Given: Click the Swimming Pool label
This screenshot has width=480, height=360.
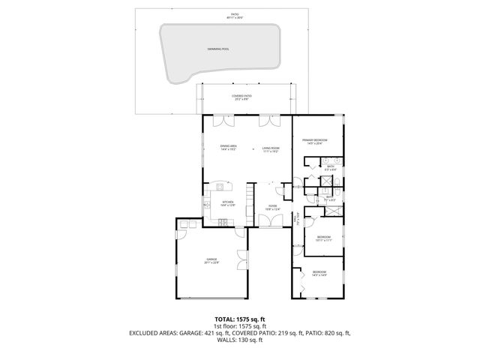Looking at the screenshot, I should coord(218,49).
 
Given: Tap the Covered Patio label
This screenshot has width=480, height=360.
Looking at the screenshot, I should coord(241,97).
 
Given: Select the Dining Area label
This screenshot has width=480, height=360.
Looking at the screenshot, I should coord(229,148).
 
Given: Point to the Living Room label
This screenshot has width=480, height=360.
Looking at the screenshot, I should coord(270,150).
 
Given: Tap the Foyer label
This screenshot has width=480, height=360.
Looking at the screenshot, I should coord(272,208).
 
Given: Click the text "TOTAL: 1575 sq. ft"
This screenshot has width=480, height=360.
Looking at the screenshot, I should coord(239,319).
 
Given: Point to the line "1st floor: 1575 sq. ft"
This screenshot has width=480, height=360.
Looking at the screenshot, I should coord(239,326).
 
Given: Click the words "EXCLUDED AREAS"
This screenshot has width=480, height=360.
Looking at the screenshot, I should coord(156,333).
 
